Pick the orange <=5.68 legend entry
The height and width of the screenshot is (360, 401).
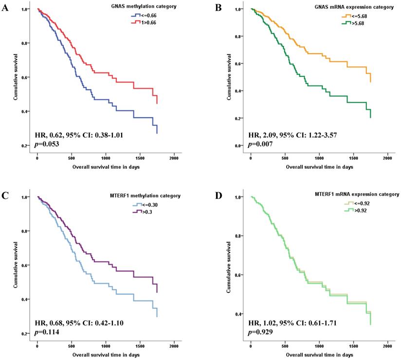354,16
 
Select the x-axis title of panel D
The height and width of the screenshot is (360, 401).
319,355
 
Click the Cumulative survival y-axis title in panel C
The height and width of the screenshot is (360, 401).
17,265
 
